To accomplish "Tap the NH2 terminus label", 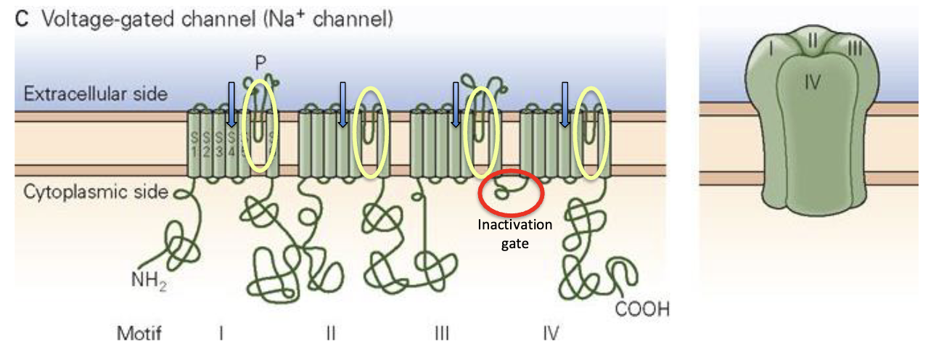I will (148, 279).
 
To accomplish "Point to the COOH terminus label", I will (641, 310).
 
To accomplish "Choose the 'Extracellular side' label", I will (96, 94).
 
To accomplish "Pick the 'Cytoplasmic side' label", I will (96, 192).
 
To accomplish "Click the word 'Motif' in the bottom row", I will (139, 334).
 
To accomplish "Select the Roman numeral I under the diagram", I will (221, 334).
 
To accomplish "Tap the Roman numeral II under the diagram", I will (330, 334).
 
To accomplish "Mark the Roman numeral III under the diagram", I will (440, 334).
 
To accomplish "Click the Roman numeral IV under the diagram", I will (551, 334).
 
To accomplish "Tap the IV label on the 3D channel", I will (812, 81).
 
